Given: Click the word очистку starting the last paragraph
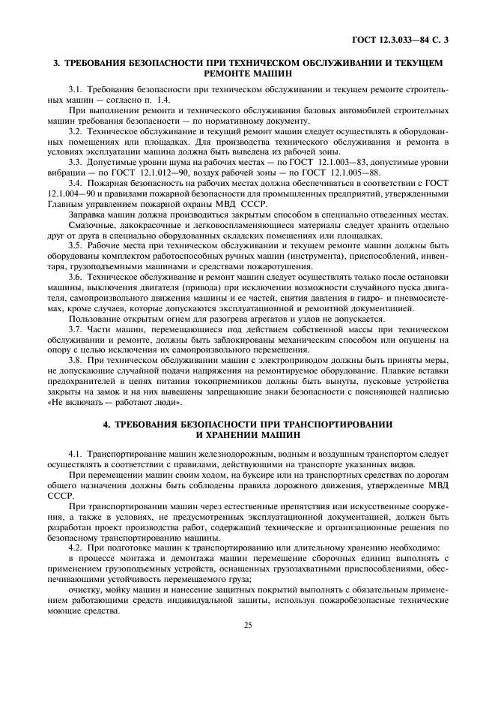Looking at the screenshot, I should coord(85,589).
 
